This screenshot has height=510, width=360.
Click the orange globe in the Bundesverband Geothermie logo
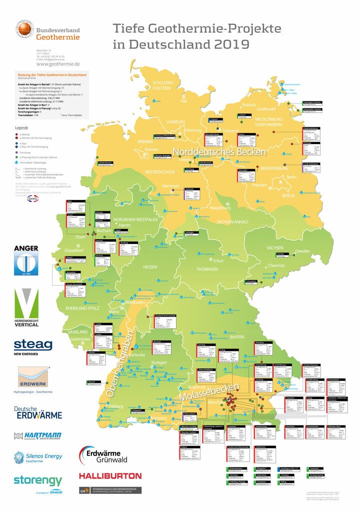pos(23,29)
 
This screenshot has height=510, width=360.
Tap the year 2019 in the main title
pos(225,44)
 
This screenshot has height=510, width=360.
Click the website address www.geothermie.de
pos(58,63)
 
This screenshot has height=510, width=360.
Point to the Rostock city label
pos(248,104)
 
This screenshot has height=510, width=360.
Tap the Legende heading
pos(21,128)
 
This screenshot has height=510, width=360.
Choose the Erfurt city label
pos(218,260)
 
